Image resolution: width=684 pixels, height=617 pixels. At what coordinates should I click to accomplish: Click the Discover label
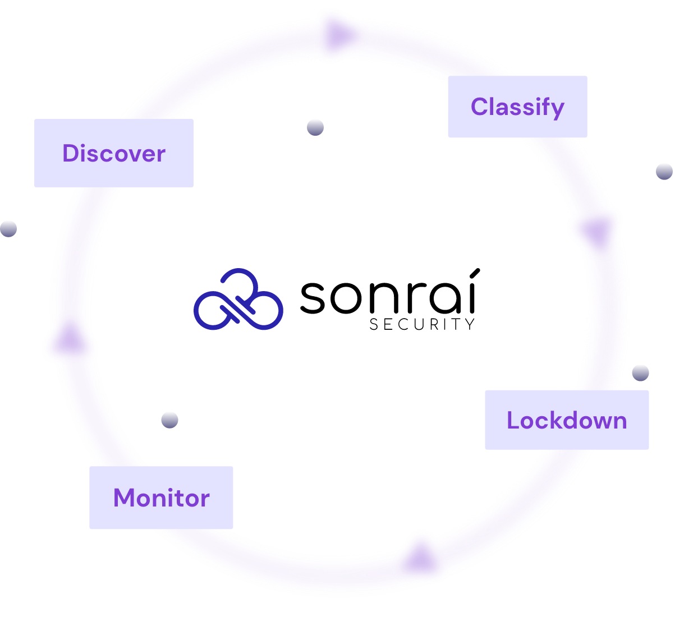pyautogui.click(x=114, y=153)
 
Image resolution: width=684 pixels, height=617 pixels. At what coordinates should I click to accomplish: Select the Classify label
pyautogui.click(x=517, y=107)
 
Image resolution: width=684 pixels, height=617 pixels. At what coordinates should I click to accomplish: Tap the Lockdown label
pyautogui.click(x=567, y=420)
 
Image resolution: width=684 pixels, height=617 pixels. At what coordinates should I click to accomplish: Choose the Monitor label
pyautogui.click(x=162, y=498)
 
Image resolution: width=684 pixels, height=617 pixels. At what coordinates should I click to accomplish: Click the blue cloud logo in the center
pyautogui.click(x=238, y=300)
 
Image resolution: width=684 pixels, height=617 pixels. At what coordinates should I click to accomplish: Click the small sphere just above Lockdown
pyautogui.click(x=640, y=372)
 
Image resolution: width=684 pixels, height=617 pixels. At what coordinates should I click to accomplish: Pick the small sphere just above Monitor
pyautogui.click(x=169, y=420)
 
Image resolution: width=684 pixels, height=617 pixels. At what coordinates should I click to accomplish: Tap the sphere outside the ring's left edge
pyautogui.click(x=8, y=228)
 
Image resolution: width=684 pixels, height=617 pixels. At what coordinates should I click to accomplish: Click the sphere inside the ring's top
pyautogui.click(x=315, y=127)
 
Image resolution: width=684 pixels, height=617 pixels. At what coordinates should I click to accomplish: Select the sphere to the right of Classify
pyautogui.click(x=664, y=171)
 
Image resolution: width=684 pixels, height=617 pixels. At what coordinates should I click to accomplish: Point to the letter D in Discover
pyautogui.click(x=70, y=153)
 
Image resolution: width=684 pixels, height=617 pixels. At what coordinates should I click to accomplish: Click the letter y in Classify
pyautogui.click(x=557, y=109)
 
